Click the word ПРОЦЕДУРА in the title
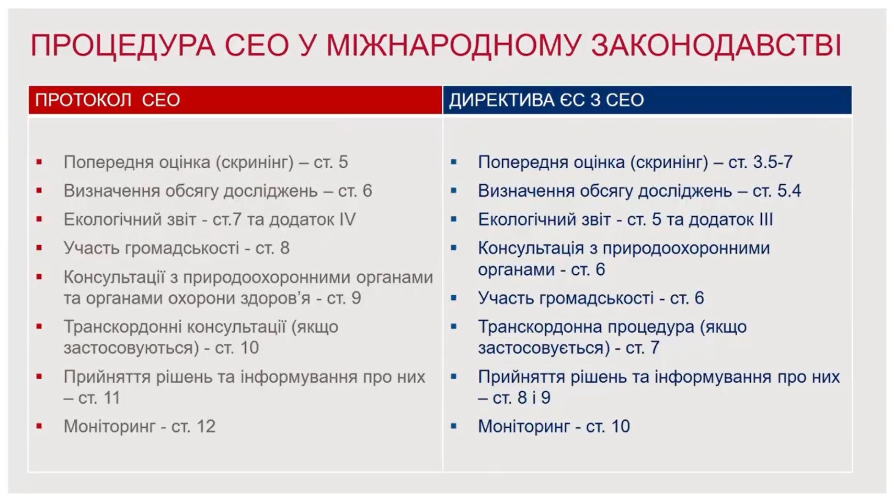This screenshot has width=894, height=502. pyautogui.click(x=122, y=45)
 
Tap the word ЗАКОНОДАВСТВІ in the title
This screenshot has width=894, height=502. pyautogui.click(x=716, y=45)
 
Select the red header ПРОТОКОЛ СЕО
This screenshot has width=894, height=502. pyautogui.click(x=107, y=100)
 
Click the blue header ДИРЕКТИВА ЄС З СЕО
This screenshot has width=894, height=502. pyautogui.click(x=546, y=100)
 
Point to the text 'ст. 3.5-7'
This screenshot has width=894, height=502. pyautogui.click(x=760, y=162)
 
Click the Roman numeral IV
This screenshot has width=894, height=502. pyautogui.click(x=347, y=219)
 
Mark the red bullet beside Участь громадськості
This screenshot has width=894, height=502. pyautogui.click(x=39, y=248)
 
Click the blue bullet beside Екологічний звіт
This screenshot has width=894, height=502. pyautogui.click(x=454, y=219)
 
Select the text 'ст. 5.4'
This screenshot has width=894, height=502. pyautogui.click(x=776, y=191)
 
